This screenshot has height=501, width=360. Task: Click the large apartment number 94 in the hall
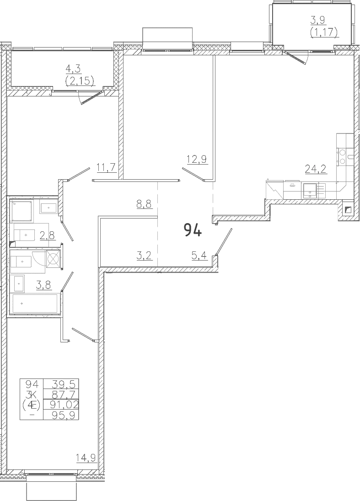[193, 230]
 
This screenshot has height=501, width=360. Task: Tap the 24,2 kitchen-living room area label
[316, 169]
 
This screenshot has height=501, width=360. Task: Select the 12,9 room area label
[197, 159]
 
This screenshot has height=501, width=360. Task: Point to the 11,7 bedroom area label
[106, 167]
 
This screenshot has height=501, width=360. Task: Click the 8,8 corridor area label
[144, 203]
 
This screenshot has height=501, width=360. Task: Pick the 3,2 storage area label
[144, 255]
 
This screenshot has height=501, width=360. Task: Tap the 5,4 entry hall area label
[199, 255]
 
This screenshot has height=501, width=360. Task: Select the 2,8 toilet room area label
[47, 235]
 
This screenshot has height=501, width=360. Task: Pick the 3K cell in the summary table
[31, 394]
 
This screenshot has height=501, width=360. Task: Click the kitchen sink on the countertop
[310, 190]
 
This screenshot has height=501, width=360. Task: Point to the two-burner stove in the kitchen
[342, 156]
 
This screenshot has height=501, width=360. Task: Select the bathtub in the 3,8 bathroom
[35, 304]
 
